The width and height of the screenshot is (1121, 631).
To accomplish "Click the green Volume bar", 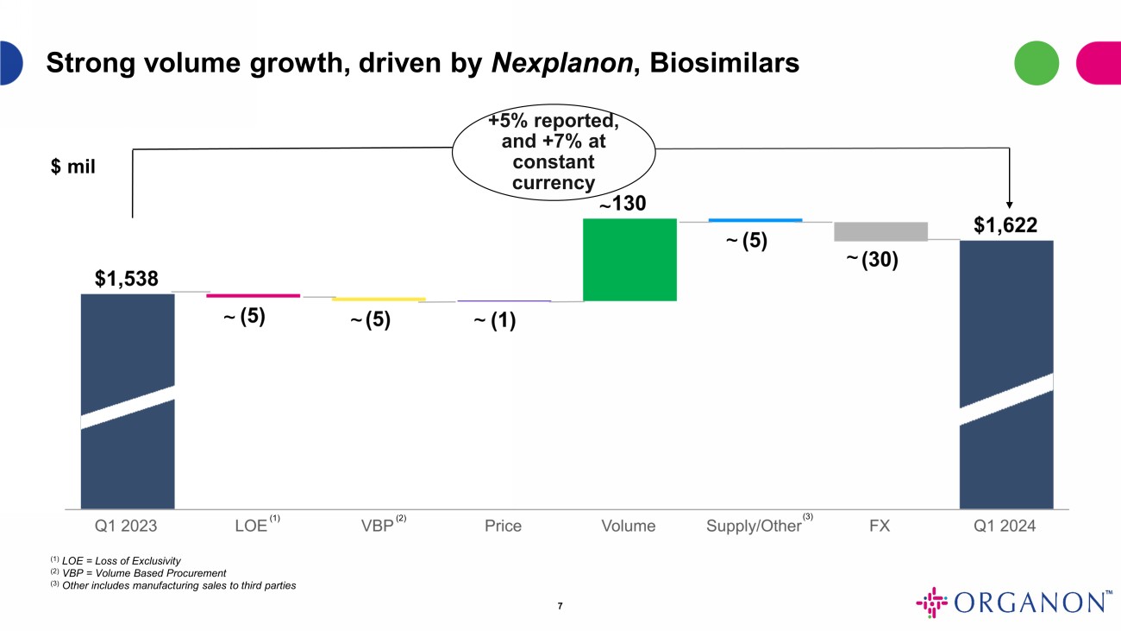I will [x=629, y=260].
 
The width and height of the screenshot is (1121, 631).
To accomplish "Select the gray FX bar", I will [x=880, y=231].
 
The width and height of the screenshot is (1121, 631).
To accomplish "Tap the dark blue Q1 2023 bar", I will [x=128, y=401].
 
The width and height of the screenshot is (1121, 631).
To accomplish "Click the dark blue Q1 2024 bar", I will [x=1006, y=375].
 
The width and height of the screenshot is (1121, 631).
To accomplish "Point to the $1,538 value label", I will [x=127, y=279].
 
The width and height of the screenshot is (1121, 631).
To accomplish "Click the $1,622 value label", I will [x=1005, y=225].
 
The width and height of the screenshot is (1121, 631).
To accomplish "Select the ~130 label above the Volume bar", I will [x=623, y=205].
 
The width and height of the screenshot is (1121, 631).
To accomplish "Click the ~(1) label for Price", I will [x=494, y=321].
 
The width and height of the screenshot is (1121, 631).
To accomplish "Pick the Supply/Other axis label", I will [x=754, y=526].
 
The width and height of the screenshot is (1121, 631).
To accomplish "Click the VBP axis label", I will [x=377, y=526].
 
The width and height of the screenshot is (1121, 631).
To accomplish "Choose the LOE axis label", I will [x=251, y=526].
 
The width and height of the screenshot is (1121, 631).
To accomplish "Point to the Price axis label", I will [x=503, y=526].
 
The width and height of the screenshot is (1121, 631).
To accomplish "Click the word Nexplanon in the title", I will [x=557, y=63].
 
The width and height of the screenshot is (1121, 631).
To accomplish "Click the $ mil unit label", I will [x=73, y=167].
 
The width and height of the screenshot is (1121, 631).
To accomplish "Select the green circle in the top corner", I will [x=1036, y=63].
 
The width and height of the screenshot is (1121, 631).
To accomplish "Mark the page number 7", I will [x=560, y=606].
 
